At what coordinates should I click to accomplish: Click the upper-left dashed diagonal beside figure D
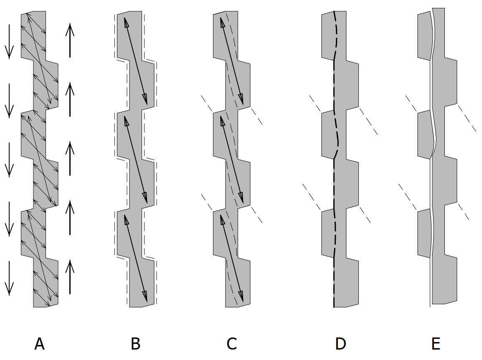click(x=315, y=103)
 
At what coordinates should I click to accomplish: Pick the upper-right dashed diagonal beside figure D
click(x=369, y=122)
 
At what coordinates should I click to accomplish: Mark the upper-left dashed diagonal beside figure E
click(x=411, y=104)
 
